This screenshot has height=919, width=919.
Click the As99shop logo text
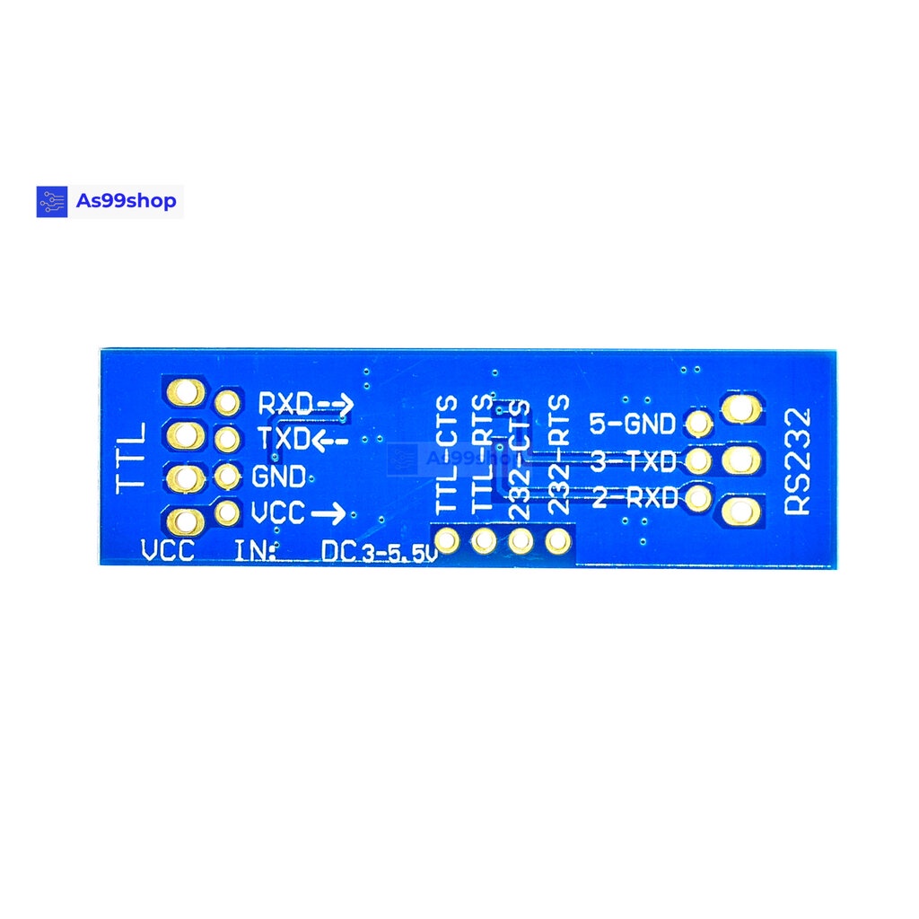(x=126, y=201)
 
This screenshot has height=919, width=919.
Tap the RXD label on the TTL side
(x=285, y=405)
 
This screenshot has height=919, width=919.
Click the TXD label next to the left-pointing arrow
(x=284, y=440)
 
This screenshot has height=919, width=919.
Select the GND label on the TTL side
(x=278, y=476)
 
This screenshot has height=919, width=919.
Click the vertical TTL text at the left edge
(x=133, y=458)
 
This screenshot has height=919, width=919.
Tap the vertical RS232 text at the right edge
(x=797, y=460)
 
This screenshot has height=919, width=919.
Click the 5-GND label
(x=632, y=423)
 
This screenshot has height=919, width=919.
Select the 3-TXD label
(x=634, y=462)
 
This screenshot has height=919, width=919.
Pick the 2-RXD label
(x=634, y=498)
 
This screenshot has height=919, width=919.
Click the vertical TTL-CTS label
(x=447, y=455)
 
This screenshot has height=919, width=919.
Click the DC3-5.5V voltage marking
(x=379, y=553)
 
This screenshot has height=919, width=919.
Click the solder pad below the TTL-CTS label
(x=447, y=541)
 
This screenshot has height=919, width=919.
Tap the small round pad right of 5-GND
(x=697, y=423)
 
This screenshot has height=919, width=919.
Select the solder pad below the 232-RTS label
(x=559, y=541)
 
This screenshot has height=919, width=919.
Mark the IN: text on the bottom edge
(x=256, y=551)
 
